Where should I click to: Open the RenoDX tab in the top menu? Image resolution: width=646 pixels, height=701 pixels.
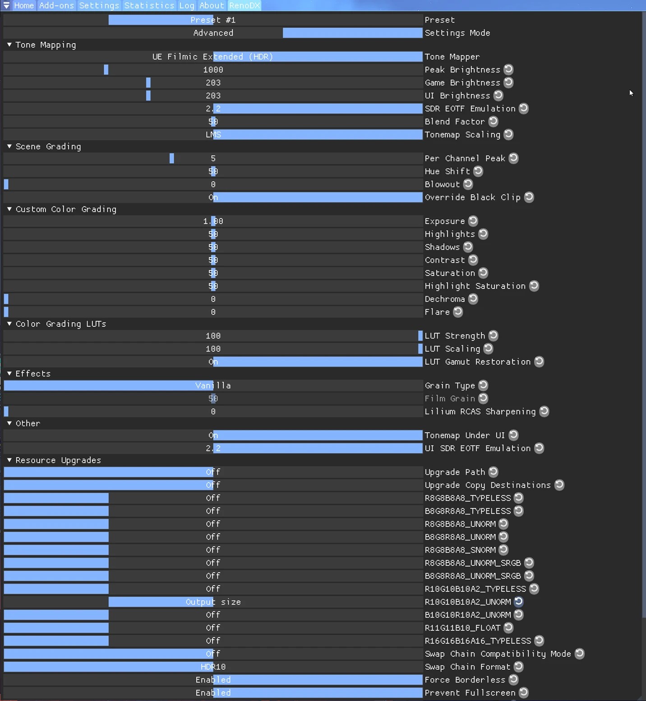pos(245,5)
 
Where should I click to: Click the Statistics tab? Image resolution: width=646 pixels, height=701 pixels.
pos(149,5)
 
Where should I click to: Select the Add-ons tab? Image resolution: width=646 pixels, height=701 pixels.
pos(56,5)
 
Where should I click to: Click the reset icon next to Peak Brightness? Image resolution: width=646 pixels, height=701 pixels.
pos(508,69)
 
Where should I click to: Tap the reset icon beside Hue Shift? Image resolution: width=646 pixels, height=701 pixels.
pos(478,171)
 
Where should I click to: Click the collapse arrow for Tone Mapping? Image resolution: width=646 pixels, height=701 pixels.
pos(9,45)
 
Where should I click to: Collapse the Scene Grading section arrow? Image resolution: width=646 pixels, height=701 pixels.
pos(9,147)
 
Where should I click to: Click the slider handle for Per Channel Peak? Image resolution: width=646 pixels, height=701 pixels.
pos(172,158)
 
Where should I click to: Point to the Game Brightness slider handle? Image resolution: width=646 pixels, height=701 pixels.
pos(148,82)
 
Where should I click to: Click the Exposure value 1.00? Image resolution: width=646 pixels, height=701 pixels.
pos(213,221)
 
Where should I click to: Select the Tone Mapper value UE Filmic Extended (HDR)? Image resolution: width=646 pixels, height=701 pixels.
pos(212,57)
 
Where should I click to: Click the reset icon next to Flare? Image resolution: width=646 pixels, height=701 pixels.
pos(458,312)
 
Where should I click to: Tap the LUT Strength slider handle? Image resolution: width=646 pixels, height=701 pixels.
pos(420,336)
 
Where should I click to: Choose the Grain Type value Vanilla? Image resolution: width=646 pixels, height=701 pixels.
pos(213,385)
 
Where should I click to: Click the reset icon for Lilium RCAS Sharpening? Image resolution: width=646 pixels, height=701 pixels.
pos(544,412)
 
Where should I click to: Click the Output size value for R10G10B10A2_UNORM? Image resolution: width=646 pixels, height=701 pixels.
pos(213,602)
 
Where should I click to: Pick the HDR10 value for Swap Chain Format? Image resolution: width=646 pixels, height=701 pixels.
pos(213,667)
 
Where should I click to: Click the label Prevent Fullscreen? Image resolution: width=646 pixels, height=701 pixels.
pos(470,693)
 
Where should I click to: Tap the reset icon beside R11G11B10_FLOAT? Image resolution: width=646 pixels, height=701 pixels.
pos(508,628)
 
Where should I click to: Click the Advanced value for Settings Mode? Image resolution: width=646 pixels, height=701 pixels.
pos(213,33)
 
